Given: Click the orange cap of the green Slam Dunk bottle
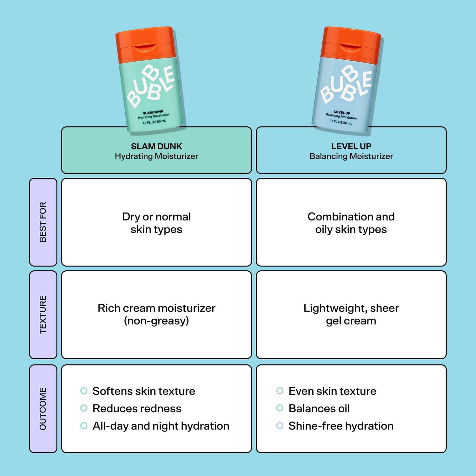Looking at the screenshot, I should (145, 44).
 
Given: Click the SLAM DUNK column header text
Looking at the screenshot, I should (156, 146).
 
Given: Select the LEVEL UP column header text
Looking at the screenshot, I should (351, 146).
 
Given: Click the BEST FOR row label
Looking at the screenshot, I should (43, 222).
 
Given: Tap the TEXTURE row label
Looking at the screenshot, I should (43, 314).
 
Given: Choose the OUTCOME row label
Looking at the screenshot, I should (43, 409).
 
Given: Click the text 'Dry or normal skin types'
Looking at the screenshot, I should (156, 223).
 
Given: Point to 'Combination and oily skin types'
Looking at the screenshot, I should (351, 223).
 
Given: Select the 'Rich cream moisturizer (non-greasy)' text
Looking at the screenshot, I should (156, 314).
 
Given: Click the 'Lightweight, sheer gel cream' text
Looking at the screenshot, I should (351, 314).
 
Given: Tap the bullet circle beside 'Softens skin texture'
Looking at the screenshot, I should (84, 391).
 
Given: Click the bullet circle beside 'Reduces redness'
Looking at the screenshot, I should (84, 408).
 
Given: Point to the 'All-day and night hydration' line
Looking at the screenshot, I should (161, 426).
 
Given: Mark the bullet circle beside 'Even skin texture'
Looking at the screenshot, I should (280, 391).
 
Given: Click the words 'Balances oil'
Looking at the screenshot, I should (319, 408).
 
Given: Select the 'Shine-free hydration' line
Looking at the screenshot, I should (341, 426).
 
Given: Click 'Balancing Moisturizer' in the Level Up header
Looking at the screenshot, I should (351, 156).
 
